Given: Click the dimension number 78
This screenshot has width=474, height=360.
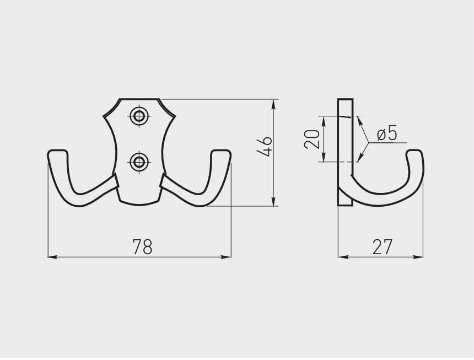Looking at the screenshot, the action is pyautogui.click(x=142, y=246).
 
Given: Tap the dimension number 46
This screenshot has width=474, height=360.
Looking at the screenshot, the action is pyautogui.click(x=264, y=147).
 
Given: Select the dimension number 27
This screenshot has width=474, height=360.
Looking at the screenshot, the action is pyautogui.click(x=382, y=246).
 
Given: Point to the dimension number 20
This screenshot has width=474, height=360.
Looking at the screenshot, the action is pyautogui.click(x=312, y=139).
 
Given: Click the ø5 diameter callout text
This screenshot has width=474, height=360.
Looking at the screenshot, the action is pyautogui.click(x=387, y=133).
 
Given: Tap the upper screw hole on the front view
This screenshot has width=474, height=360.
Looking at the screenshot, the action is pyautogui.click(x=139, y=116).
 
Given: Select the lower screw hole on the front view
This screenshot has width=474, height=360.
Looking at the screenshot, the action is pyautogui.click(x=139, y=162).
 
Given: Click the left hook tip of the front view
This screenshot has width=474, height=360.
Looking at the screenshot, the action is pyautogui.click(x=57, y=151).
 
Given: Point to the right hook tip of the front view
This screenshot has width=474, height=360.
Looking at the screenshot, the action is pyautogui.click(x=221, y=151).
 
